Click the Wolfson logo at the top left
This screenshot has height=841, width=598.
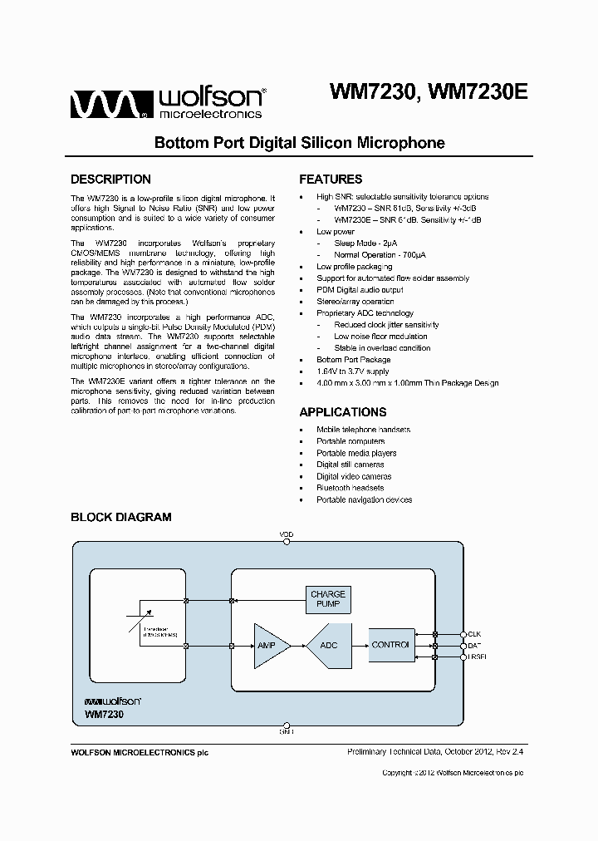167,103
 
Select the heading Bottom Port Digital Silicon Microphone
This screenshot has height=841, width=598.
299,143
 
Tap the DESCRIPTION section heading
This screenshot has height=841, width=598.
110,180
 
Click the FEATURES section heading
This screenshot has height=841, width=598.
331,180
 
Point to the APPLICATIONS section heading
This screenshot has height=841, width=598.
342,412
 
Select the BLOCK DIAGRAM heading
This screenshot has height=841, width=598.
120,517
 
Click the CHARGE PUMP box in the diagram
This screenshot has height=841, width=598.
328,599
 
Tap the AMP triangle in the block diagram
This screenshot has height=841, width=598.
270,645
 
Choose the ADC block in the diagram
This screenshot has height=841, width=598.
329,645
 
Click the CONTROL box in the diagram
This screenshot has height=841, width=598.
390,645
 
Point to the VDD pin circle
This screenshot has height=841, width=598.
287,541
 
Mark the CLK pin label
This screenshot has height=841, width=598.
475,634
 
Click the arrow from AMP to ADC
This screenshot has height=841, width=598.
299,645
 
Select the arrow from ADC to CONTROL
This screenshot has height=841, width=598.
358,645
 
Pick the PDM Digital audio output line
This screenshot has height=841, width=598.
360,290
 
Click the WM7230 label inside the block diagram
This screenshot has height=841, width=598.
102,713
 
